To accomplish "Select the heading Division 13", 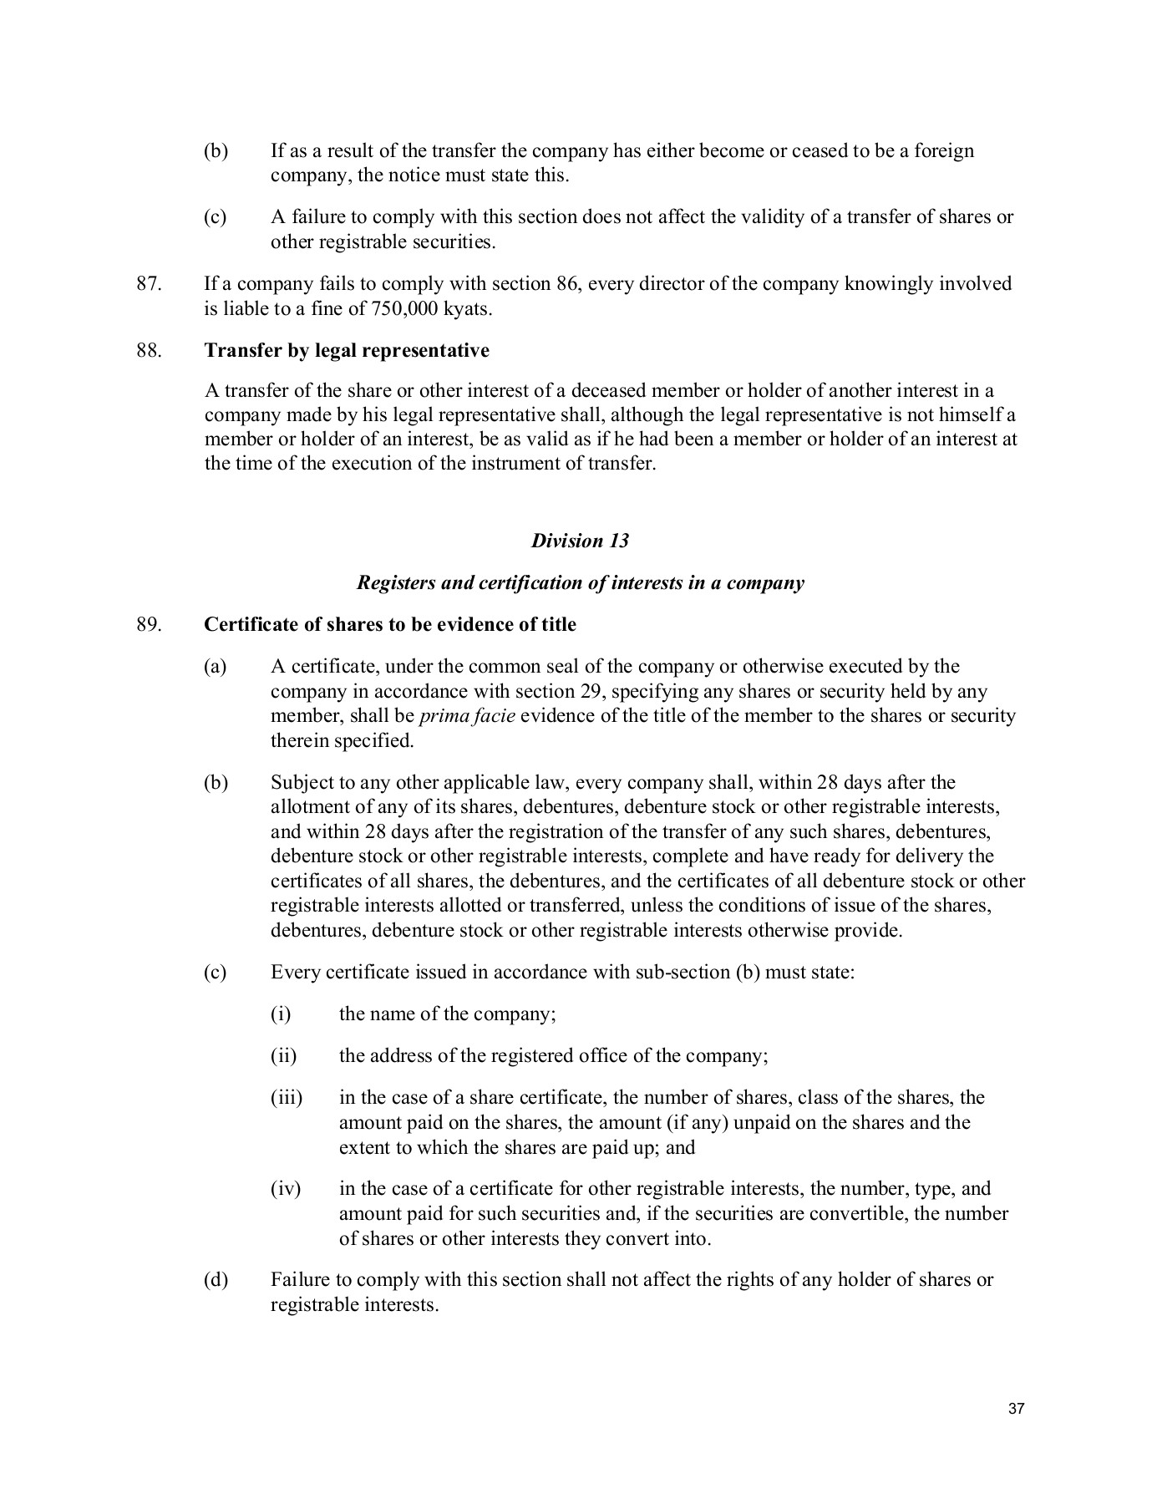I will pos(580,541).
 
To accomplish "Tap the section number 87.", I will pos(148,284).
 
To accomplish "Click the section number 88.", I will pos(148,350).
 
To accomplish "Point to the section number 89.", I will pos(148,625).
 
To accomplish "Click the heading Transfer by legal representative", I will pos(347,350).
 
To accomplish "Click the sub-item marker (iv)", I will pos(285,1188).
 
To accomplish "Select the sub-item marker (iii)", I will pos(286,1097).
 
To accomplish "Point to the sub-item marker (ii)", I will pos(283,1055).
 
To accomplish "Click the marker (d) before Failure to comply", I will pos(216,1279).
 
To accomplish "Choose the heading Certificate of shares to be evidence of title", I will pos(389,625).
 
